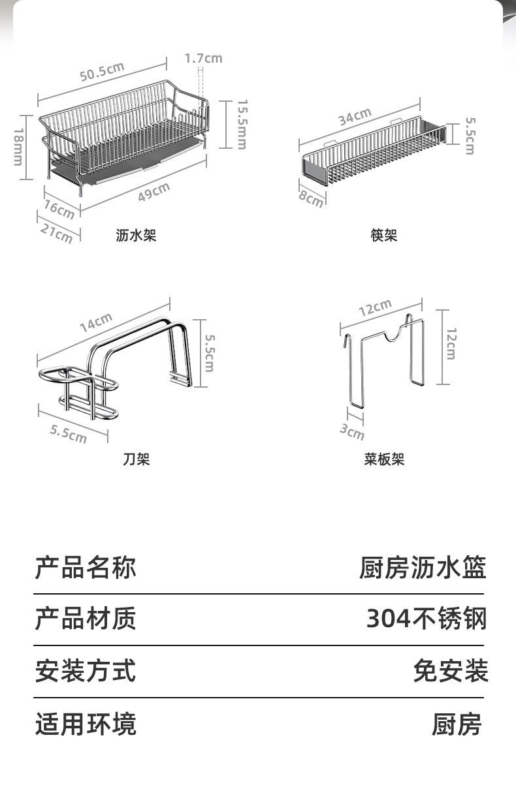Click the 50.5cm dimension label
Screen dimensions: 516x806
[x=102, y=71]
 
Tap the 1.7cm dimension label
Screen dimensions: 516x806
[x=203, y=58]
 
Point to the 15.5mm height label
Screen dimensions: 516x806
[x=242, y=125]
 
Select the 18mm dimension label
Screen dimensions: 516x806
[x=19, y=147]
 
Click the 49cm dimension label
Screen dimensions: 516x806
[x=154, y=192]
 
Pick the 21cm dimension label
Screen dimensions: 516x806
[x=57, y=233]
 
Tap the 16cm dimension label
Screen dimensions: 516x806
[x=59, y=209]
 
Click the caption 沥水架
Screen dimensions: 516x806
[x=136, y=236]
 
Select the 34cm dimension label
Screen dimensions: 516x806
[x=355, y=117]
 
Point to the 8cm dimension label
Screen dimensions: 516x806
[x=311, y=199]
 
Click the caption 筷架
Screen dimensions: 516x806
[x=384, y=236]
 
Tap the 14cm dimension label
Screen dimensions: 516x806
[x=96, y=322]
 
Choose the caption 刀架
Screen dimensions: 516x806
[x=136, y=459]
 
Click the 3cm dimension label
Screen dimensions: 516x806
[x=352, y=432]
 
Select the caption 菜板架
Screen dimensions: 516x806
[x=384, y=459]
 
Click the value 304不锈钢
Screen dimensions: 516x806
[x=427, y=619]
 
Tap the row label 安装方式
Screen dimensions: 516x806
[x=86, y=670]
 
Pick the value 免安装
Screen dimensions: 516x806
[x=451, y=670]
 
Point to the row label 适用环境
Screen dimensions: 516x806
[x=86, y=724]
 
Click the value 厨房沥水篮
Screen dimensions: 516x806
[x=423, y=567]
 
